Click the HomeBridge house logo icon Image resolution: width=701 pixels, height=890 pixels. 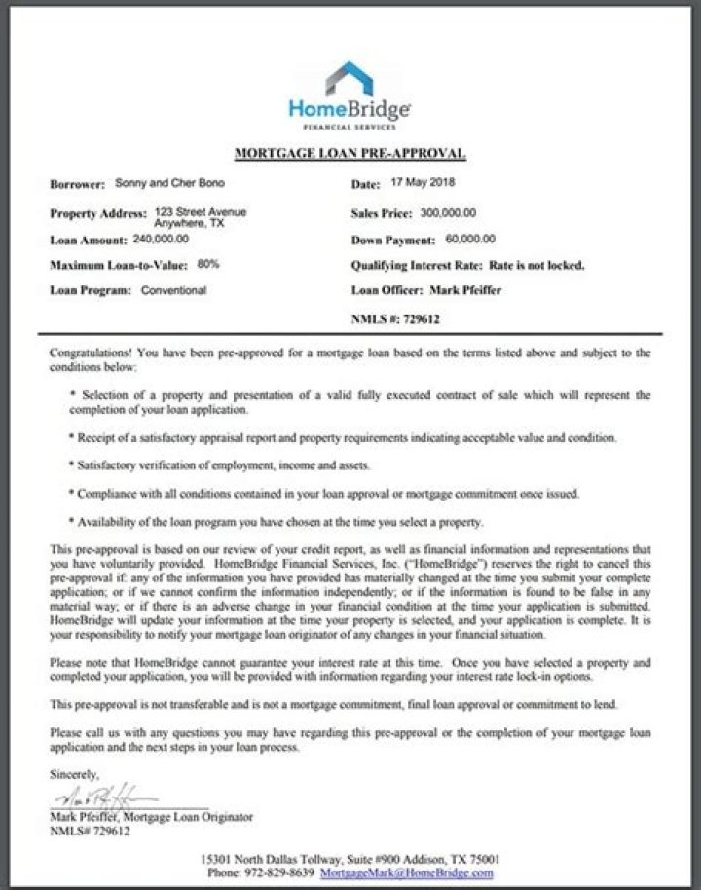click(x=350, y=77)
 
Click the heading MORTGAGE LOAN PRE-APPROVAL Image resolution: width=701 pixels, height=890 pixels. click(x=350, y=154)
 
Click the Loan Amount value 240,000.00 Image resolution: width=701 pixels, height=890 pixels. click(x=161, y=239)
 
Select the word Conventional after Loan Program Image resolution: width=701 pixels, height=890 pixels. click(x=173, y=290)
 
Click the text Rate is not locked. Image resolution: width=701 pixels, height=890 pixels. click(x=536, y=265)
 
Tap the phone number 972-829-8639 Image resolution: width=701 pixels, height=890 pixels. click(x=289, y=872)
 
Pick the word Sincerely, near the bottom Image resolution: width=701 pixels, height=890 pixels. click(x=74, y=774)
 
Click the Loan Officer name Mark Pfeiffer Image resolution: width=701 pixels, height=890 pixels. click(x=463, y=290)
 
